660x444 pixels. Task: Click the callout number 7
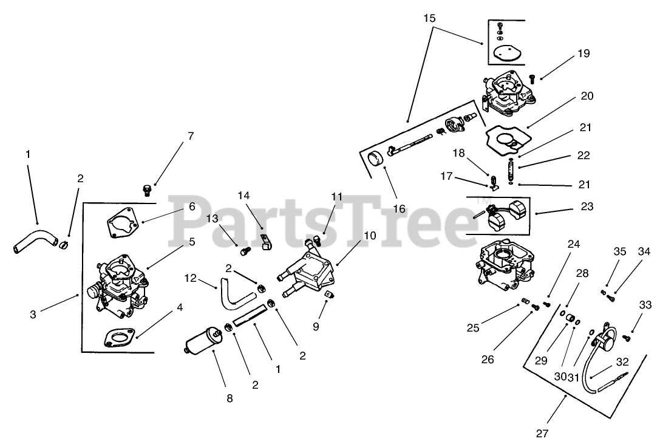[191, 136]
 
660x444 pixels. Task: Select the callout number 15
[429, 18]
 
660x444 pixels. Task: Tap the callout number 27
[542, 433]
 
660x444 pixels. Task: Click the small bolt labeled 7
[146, 190]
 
